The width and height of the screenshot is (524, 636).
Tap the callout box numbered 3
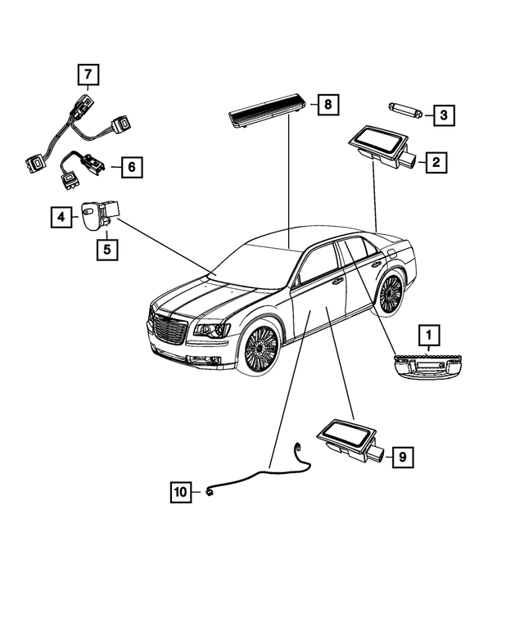[x=443, y=115]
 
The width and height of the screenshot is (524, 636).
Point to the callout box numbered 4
[x=61, y=217]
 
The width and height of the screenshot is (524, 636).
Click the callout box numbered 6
[x=131, y=168]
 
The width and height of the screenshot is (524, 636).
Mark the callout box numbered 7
[x=88, y=76]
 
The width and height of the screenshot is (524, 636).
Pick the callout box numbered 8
[x=327, y=105]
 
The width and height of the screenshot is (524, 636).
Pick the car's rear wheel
[x=391, y=292]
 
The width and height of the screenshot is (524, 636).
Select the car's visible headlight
[x=210, y=330]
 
